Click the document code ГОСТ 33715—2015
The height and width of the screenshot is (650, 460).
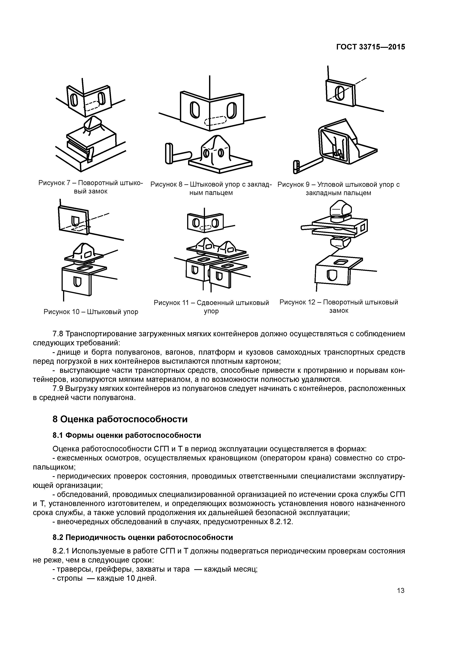coord(370,47)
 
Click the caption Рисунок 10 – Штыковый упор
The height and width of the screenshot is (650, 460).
coord(91,312)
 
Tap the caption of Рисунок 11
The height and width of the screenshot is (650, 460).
coord(211,307)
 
